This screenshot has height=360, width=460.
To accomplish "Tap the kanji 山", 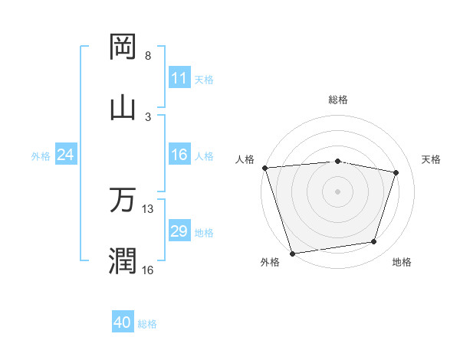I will [x=122, y=106].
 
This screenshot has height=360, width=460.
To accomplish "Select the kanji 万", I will [x=122, y=200].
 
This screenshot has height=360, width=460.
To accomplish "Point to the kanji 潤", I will [x=122, y=260].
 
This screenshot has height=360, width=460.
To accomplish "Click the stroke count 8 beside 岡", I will [x=148, y=56].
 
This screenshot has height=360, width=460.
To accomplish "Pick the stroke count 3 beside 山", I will [x=148, y=116].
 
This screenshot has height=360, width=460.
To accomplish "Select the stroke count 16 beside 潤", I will [x=148, y=270].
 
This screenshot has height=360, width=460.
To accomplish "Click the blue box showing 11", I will [x=179, y=78].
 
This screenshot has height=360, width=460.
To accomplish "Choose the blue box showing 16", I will [x=179, y=155].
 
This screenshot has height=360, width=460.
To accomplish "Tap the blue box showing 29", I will [x=179, y=231].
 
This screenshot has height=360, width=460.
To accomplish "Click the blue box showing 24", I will [x=65, y=155].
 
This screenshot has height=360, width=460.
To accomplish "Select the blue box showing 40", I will [x=123, y=323].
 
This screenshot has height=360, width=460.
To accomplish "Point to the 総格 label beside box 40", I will [x=148, y=324].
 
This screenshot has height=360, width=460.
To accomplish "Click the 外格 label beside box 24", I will [x=41, y=155].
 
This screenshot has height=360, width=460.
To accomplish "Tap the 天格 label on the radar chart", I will [x=432, y=159].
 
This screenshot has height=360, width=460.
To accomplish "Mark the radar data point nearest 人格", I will [x=264, y=168].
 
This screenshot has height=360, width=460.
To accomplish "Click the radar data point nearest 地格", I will [x=374, y=242].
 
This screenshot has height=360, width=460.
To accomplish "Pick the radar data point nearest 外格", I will [x=292, y=253].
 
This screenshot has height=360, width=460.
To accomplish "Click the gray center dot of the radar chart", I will [x=337, y=191].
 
